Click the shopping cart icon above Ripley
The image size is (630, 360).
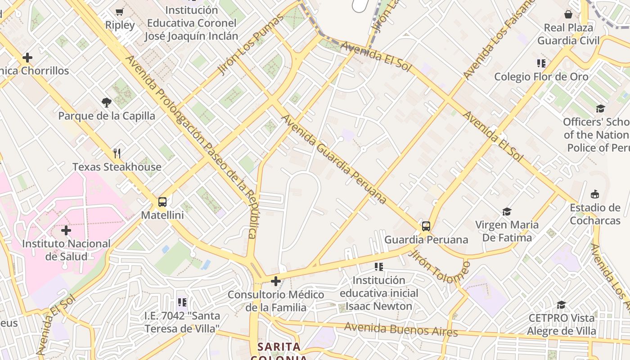[x=119, y=12]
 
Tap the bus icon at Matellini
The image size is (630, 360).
[x=162, y=202]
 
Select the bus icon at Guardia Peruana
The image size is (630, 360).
[x=426, y=226]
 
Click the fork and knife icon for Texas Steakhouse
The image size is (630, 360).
[x=117, y=153]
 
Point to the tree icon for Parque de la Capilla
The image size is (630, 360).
[x=107, y=103]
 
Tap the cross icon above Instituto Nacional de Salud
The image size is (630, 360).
[x=66, y=231]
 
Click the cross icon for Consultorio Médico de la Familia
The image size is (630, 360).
[x=276, y=282]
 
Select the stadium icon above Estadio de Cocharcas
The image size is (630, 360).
[x=595, y=194]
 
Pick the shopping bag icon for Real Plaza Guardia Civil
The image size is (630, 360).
[x=568, y=14]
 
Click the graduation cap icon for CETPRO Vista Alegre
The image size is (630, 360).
[x=561, y=305]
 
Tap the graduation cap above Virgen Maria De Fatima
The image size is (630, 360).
[x=507, y=211]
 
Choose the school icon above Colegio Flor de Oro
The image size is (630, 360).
[x=541, y=63]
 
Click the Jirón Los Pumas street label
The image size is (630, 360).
[x=252, y=45]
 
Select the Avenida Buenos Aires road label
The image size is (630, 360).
[x=400, y=330]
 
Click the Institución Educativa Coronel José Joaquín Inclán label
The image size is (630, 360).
[x=191, y=23]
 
